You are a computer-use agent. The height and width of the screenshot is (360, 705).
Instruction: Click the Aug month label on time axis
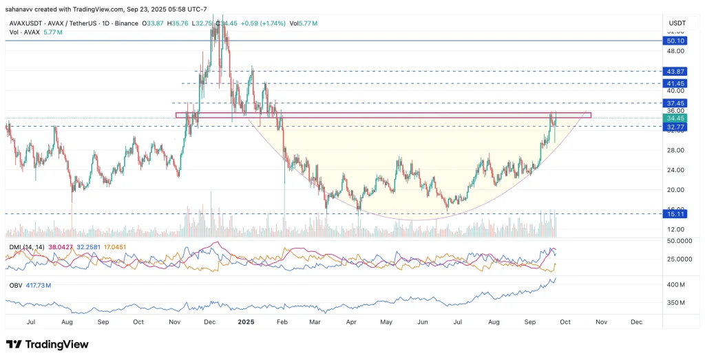click(x=67, y=321)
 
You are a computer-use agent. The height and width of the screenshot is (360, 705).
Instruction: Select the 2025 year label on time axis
click(x=246, y=321)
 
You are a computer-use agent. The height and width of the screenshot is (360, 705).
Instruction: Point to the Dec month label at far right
click(x=636, y=321)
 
